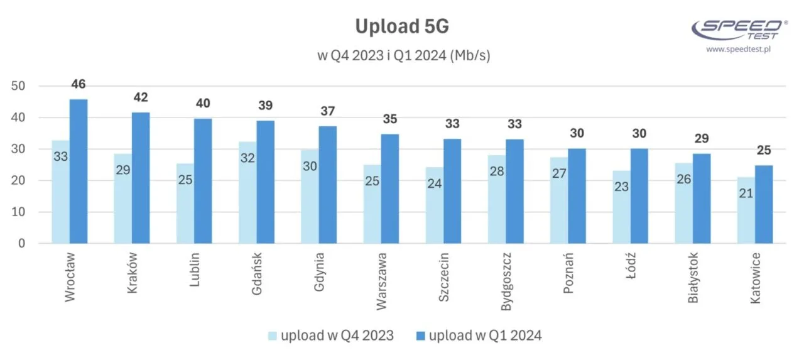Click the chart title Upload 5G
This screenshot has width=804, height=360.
401,26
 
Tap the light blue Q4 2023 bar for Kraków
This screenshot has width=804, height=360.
123,198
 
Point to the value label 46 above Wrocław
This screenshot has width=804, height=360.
79,84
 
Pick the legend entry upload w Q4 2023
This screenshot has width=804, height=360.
331,335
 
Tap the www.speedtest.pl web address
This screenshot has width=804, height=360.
737,48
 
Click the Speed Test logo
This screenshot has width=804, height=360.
739,28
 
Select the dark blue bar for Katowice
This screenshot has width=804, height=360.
764,204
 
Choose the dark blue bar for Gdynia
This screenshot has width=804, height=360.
327,185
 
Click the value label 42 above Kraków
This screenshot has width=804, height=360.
141,97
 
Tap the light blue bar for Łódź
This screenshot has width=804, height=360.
621,207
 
